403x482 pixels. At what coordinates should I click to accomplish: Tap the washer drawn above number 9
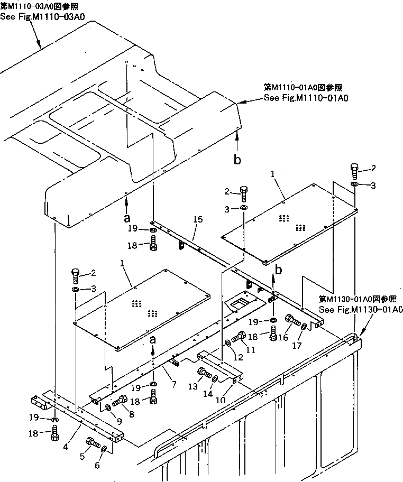coord(107,407)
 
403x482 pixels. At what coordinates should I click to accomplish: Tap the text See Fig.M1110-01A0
coord(307,98)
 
